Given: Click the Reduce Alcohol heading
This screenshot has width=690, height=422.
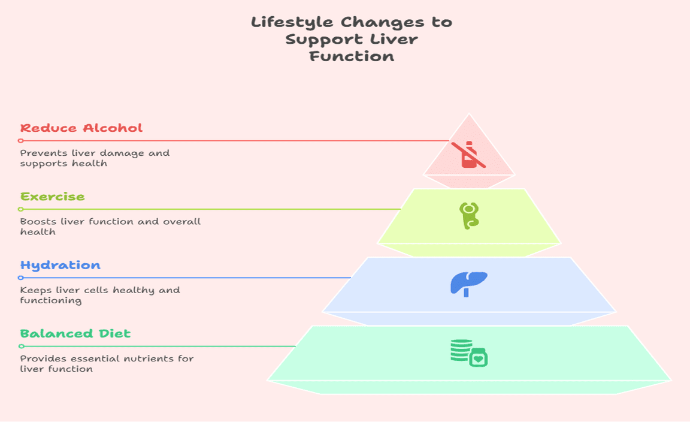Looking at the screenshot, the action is (x=81, y=128).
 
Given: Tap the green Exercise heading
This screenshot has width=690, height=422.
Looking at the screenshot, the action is (x=52, y=197).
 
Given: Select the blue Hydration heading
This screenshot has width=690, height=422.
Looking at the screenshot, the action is (x=60, y=265).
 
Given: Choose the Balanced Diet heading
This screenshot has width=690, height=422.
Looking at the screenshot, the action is (x=75, y=333).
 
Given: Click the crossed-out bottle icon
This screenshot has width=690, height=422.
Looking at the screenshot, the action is (x=468, y=155).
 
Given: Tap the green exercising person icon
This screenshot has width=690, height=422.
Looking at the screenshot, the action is (x=469, y=215).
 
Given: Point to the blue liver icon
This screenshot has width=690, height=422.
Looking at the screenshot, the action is (x=469, y=284).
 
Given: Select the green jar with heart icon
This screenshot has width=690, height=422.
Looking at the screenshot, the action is (x=479, y=357).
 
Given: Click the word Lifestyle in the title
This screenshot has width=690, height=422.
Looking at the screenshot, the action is (x=292, y=22).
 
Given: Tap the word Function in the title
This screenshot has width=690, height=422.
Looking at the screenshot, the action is (x=352, y=56).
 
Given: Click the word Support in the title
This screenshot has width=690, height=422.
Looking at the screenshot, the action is (x=324, y=40).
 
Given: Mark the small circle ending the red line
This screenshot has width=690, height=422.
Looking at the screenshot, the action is (x=21, y=141).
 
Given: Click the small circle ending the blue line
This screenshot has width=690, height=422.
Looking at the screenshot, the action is (x=21, y=278).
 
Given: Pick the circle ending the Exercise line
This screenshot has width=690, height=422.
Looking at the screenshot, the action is (x=21, y=209).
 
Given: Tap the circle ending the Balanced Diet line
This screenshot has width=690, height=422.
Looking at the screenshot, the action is (x=21, y=346).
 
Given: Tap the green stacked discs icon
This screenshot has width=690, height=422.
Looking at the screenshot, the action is (x=461, y=350).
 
